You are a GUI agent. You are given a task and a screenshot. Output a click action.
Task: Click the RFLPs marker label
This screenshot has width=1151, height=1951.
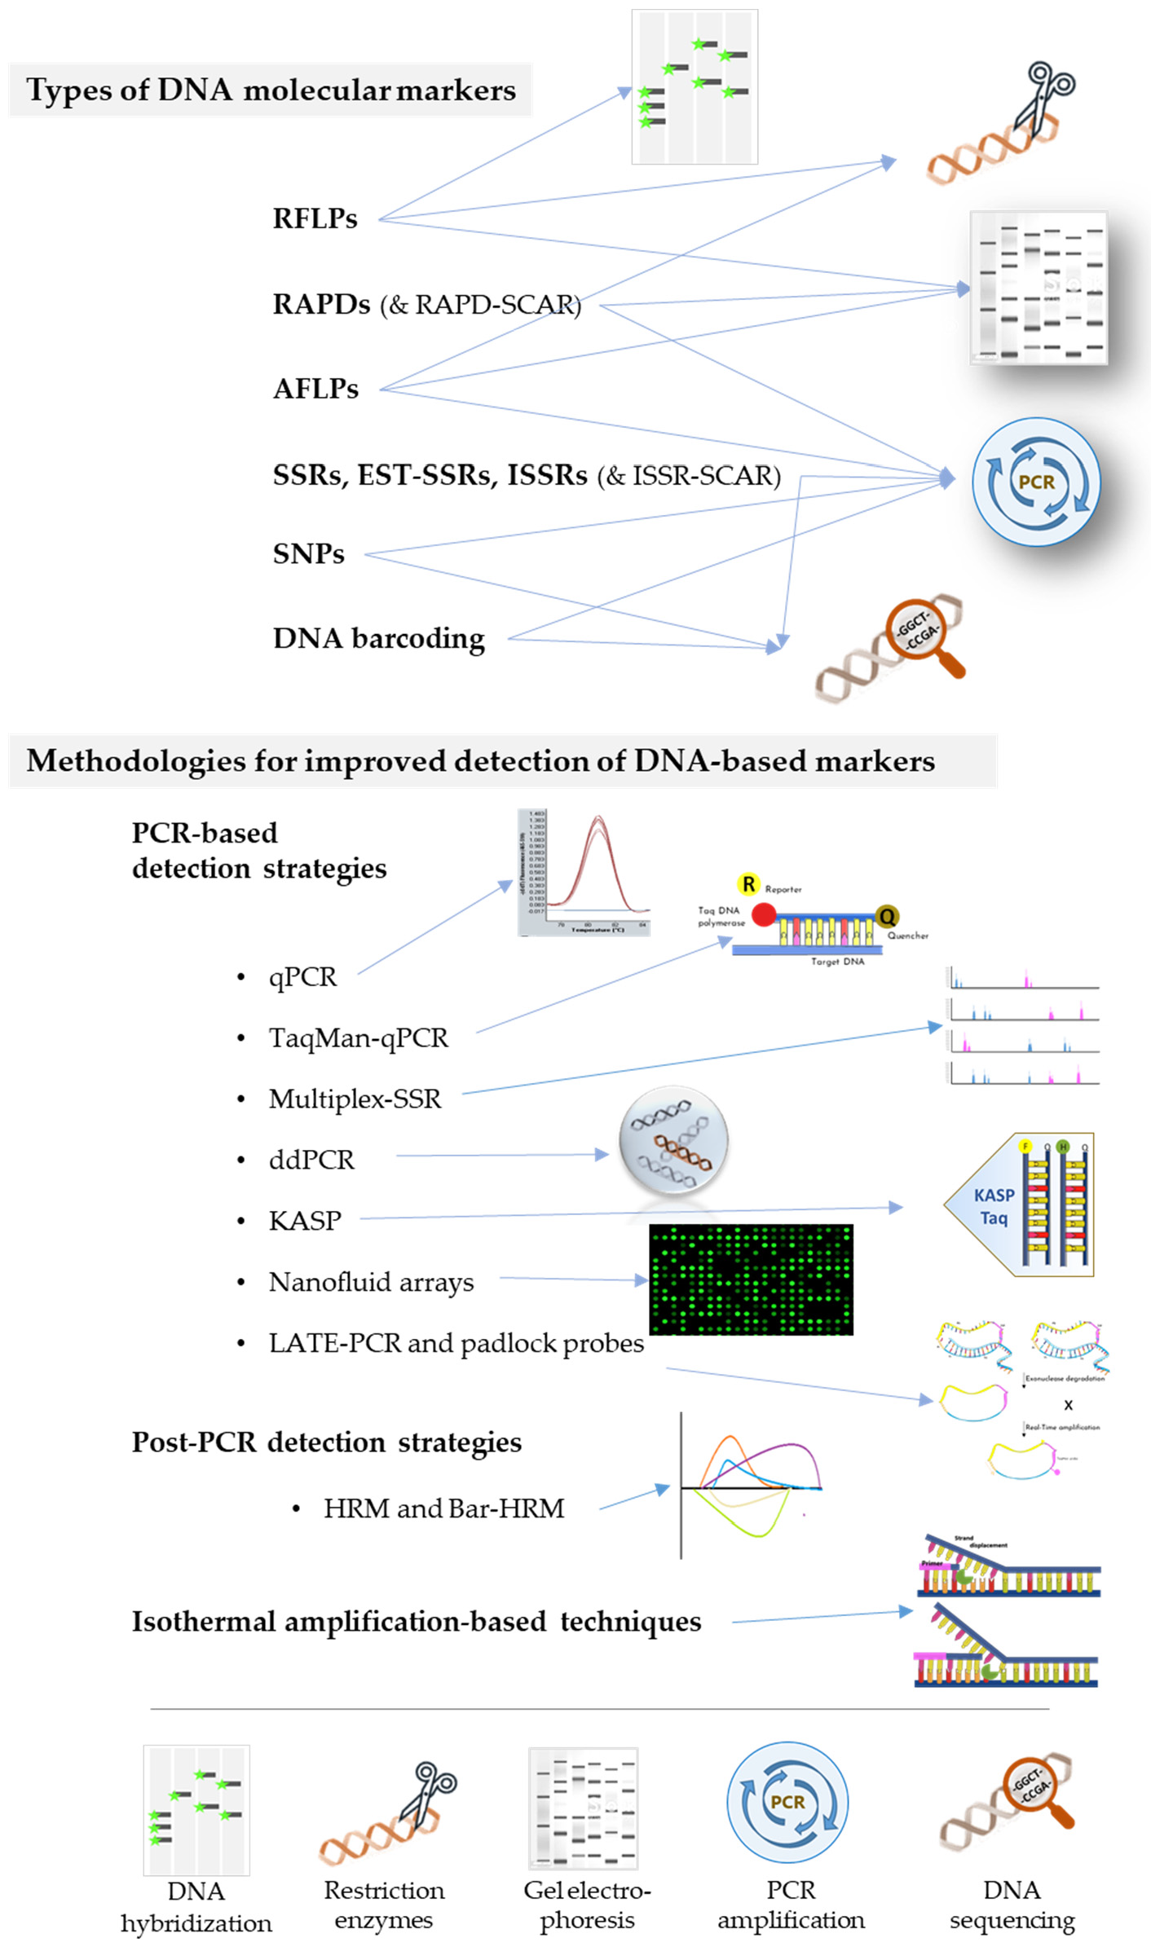[x=315, y=218]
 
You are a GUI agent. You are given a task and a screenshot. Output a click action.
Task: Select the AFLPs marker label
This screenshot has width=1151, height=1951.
[x=315, y=389]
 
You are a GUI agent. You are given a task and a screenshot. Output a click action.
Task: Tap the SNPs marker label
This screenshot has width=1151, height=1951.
[x=308, y=554]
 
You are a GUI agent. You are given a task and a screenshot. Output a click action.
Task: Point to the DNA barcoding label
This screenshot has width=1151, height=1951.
[x=378, y=638]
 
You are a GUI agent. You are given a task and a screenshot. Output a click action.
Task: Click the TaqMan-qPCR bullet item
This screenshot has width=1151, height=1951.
[x=358, y=1037]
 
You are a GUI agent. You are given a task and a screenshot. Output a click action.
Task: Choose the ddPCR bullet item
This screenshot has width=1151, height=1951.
[x=311, y=1159]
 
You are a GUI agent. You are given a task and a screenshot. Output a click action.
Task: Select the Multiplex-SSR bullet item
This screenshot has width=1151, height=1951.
[x=355, y=1099]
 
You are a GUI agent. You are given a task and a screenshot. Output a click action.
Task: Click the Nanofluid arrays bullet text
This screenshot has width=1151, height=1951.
[x=371, y=1282]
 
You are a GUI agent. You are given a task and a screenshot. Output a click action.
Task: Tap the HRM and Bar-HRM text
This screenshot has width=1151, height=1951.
[x=443, y=1508]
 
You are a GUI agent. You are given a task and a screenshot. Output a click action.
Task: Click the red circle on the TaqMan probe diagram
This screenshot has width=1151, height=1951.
[x=764, y=914]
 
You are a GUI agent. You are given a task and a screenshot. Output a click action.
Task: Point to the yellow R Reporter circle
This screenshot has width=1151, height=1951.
[x=747, y=884]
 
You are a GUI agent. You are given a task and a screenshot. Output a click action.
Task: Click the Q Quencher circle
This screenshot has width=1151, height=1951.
[x=886, y=917]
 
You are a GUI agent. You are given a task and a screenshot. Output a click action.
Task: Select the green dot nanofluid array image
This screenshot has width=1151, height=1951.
[x=750, y=1279]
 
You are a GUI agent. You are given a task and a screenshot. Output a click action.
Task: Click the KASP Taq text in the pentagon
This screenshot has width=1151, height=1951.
[x=994, y=1206]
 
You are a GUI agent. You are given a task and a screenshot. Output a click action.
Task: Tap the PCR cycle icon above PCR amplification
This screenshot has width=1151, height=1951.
[x=787, y=1802]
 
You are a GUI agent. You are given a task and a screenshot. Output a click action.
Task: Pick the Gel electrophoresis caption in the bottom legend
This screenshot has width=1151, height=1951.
[x=587, y=1905]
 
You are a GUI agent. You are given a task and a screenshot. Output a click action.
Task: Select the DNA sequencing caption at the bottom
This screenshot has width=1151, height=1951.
[x=1012, y=1905]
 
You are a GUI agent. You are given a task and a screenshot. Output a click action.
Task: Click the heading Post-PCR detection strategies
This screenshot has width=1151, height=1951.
[x=326, y=1442]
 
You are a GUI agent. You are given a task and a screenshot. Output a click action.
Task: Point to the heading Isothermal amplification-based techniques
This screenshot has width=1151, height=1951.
[x=416, y=1621]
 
